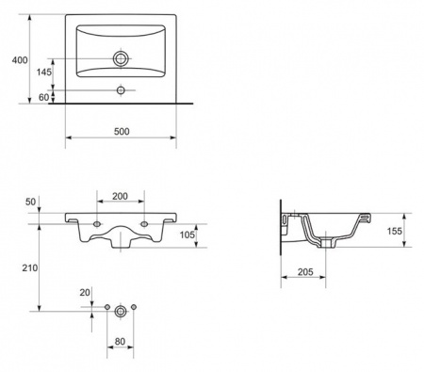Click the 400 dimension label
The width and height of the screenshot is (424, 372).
pos(20,59)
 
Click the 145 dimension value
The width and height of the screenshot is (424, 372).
pos(44,72)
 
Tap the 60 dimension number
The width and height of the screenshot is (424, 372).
pos(44,97)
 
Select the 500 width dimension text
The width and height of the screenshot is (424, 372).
pos(122,131)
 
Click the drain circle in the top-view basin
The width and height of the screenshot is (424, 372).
pos(121,58)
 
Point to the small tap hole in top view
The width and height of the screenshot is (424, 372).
pos(121,90)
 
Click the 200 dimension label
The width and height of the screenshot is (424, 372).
pos(120,196)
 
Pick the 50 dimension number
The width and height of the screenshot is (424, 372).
pos(31,202)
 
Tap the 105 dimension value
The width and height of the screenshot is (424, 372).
pos(188,235)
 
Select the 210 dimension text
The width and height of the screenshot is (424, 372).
pos(30,267)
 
